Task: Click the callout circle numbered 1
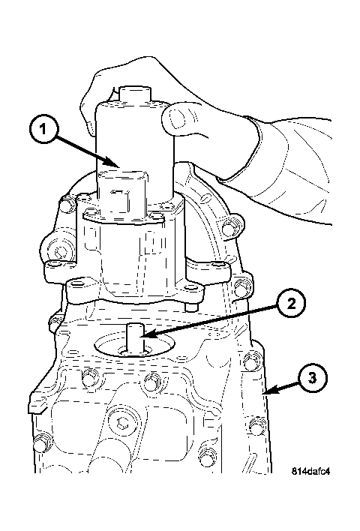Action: click(43, 130)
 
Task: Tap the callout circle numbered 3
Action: click(313, 378)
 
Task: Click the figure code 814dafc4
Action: click(310, 471)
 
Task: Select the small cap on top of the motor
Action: click(136, 93)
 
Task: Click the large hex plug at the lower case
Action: click(122, 423)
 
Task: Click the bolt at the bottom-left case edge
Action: click(40, 444)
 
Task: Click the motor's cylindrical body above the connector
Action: click(136, 136)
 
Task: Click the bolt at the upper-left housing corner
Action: click(68, 204)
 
